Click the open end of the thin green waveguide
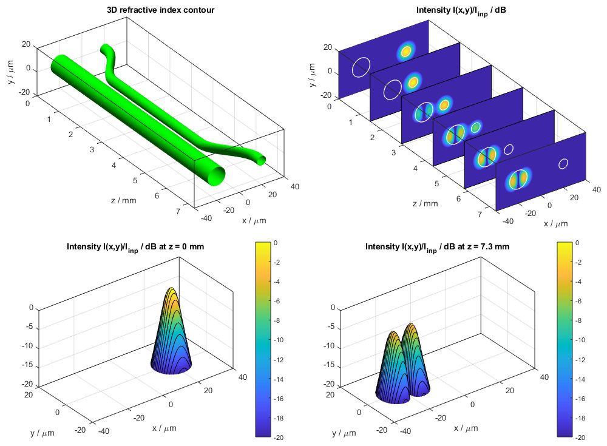click(262, 160)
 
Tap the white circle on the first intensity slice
click(361, 66)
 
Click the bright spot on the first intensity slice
click(405, 51)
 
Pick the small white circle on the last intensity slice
click(563, 163)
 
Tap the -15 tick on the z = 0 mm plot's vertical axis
click(27, 366)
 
